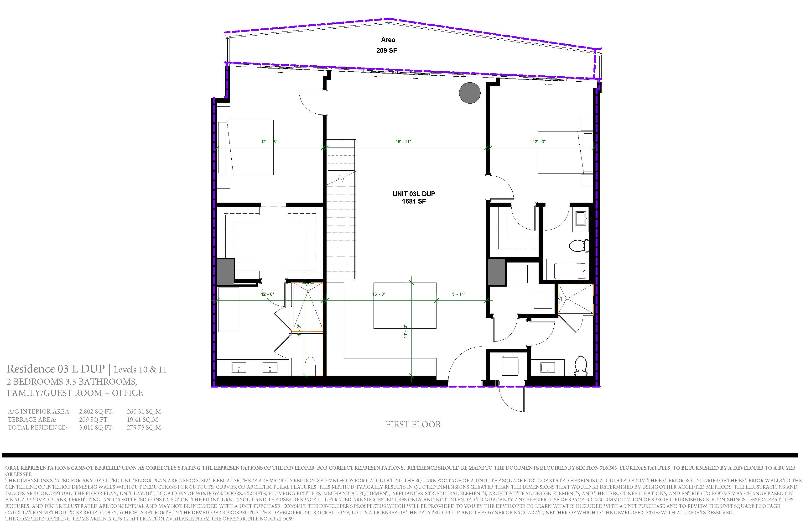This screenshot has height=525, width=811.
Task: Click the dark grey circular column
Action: [470, 93]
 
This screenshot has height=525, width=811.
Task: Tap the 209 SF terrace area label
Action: [386, 50]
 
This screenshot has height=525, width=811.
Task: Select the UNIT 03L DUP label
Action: [414, 194]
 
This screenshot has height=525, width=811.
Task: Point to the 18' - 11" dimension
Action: [403, 142]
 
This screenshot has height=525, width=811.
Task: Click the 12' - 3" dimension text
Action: [539, 142]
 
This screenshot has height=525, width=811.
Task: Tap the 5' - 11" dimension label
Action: [459, 294]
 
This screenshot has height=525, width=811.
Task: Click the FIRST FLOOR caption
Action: [413, 425]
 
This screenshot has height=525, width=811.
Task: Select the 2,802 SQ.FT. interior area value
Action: [96, 411]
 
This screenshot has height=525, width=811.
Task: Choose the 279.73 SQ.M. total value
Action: [145, 427]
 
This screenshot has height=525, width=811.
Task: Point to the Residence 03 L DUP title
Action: [56, 369]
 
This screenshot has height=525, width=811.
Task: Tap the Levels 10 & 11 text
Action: [140, 370]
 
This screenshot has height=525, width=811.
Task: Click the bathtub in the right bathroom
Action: [570, 271]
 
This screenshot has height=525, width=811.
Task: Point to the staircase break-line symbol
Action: [341, 178]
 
